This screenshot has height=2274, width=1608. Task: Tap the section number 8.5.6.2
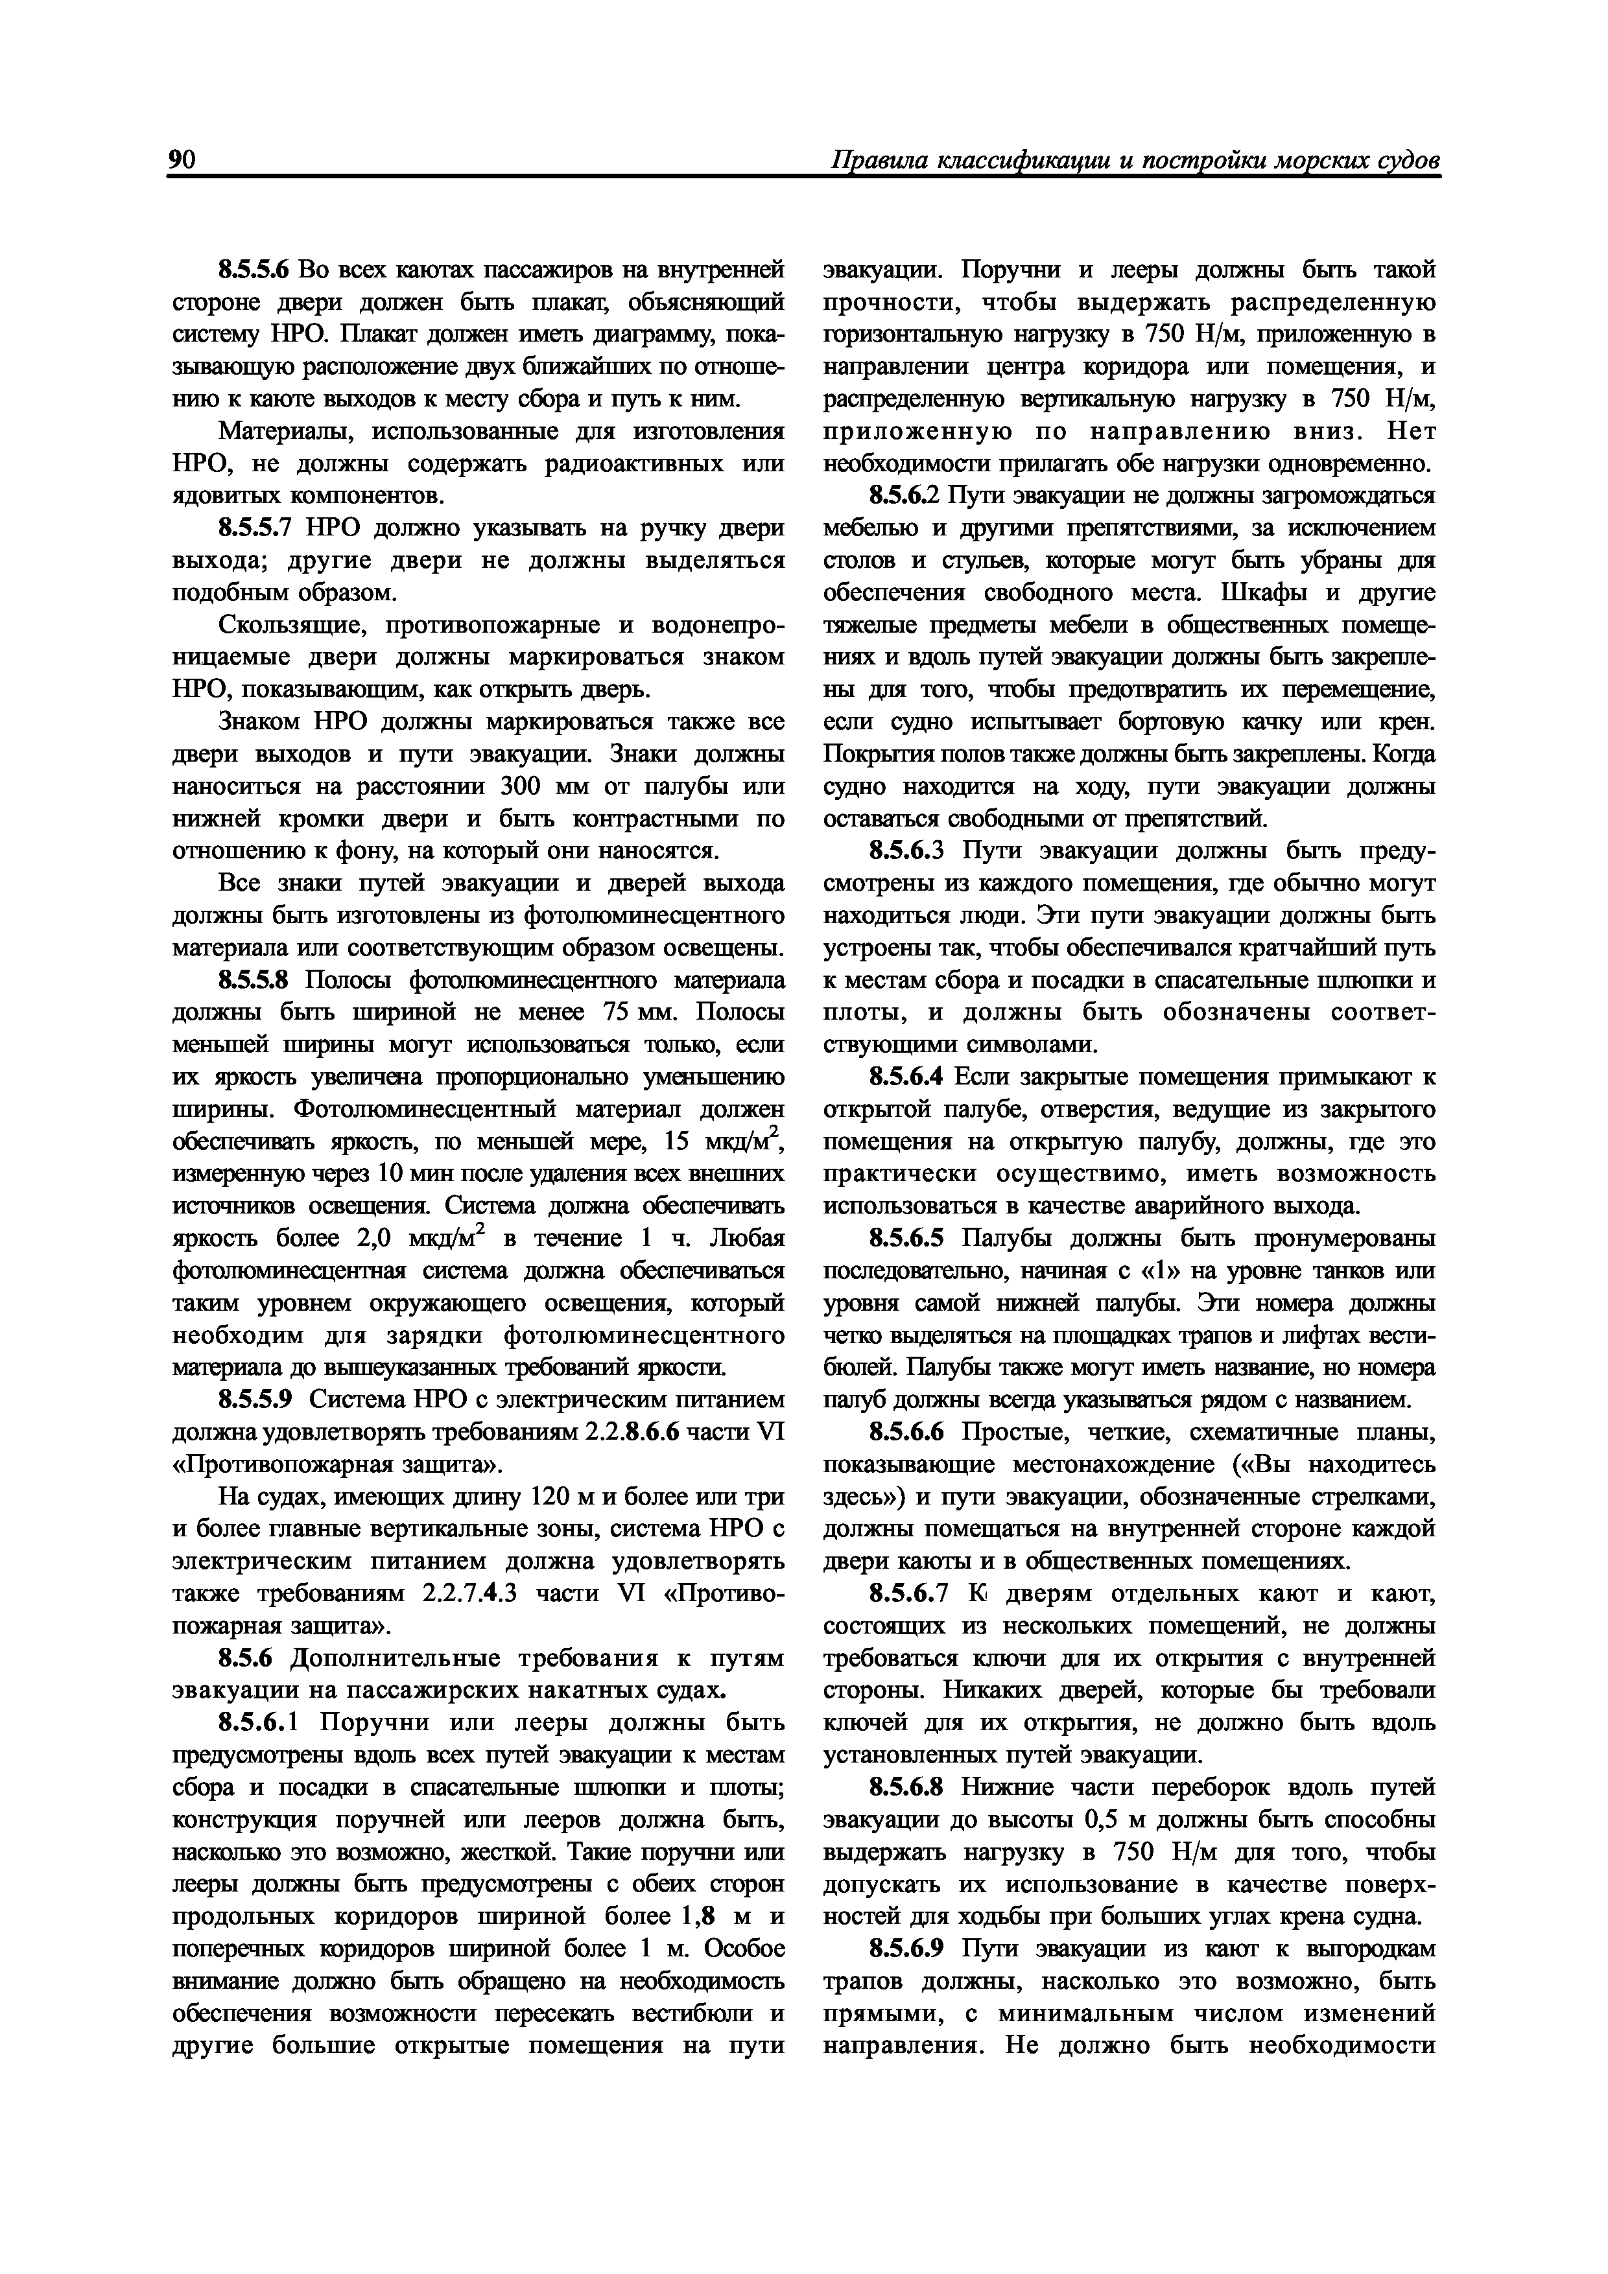pos(897,495)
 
